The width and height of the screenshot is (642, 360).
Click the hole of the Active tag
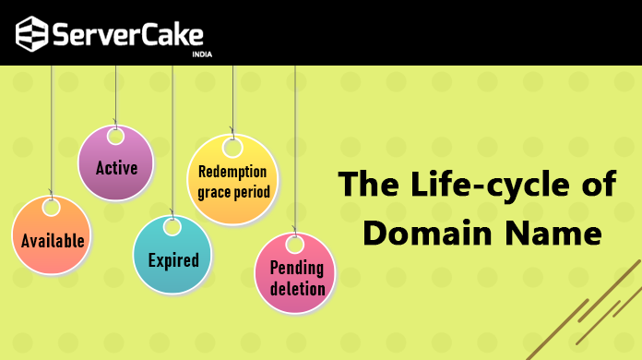tap(115, 137)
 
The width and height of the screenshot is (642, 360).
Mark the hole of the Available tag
tap(51, 209)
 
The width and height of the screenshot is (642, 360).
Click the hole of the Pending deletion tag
tap(295, 244)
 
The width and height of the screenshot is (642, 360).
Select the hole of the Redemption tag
tap(232, 148)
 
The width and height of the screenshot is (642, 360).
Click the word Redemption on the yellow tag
tap(232, 172)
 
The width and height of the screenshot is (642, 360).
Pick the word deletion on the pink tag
tap(297, 288)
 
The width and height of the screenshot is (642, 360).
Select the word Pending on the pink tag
tap(296, 269)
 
